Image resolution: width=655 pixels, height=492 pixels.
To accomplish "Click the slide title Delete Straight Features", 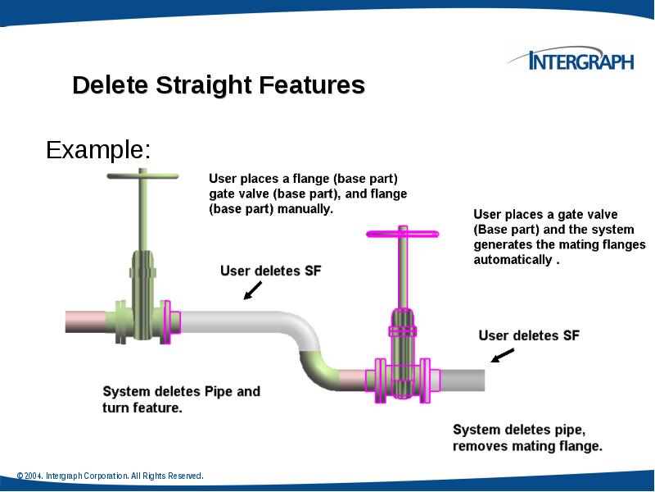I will (x=219, y=85).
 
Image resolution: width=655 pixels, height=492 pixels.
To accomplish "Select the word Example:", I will (x=98, y=150).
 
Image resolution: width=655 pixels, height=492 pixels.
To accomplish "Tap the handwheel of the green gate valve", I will (x=142, y=175).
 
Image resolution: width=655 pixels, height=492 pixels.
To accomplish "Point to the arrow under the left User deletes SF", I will (x=253, y=290).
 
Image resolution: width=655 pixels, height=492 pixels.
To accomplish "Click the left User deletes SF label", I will (x=270, y=271).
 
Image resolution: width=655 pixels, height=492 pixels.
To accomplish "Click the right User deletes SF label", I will (x=529, y=335).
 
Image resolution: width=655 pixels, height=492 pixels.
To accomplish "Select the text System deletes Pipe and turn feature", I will (x=181, y=399).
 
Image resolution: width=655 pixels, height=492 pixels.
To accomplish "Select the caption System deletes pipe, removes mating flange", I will (x=527, y=438).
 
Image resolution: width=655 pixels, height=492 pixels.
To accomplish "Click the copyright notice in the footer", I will (x=110, y=476).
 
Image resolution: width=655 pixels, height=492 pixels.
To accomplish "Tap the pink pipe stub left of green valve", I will (x=89, y=321).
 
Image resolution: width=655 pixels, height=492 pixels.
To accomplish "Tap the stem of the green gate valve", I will (x=142, y=213).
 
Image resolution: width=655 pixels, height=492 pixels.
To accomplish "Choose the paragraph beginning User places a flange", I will (x=307, y=194).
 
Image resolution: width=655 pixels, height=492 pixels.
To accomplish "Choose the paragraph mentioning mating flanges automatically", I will (x=559, y=237).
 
